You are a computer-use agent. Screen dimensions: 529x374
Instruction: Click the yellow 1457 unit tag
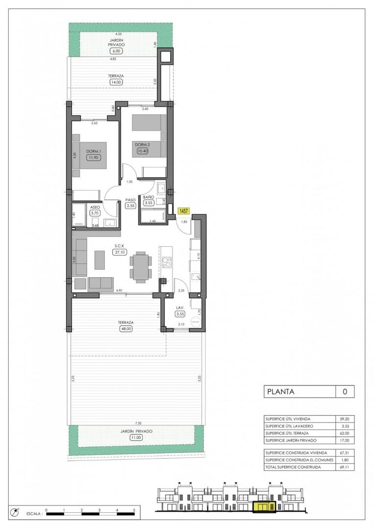184,211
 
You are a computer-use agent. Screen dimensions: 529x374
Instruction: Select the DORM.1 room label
93,151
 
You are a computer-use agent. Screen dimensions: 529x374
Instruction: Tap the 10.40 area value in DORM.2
142,151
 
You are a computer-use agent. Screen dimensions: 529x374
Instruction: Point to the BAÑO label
149,197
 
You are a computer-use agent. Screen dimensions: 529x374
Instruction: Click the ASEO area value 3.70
95,213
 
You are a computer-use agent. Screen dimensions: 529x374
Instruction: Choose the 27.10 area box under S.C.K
118,252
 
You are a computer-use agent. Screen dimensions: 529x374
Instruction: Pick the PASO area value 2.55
130,206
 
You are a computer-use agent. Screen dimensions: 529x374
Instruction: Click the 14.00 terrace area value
116,83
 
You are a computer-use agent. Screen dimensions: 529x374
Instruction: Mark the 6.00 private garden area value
116,50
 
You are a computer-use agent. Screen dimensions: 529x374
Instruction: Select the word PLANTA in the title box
280,391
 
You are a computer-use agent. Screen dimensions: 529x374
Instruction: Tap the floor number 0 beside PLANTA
345,391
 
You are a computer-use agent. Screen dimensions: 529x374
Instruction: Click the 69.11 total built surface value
345,467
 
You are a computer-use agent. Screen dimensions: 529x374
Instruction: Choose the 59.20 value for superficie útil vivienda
345,419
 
